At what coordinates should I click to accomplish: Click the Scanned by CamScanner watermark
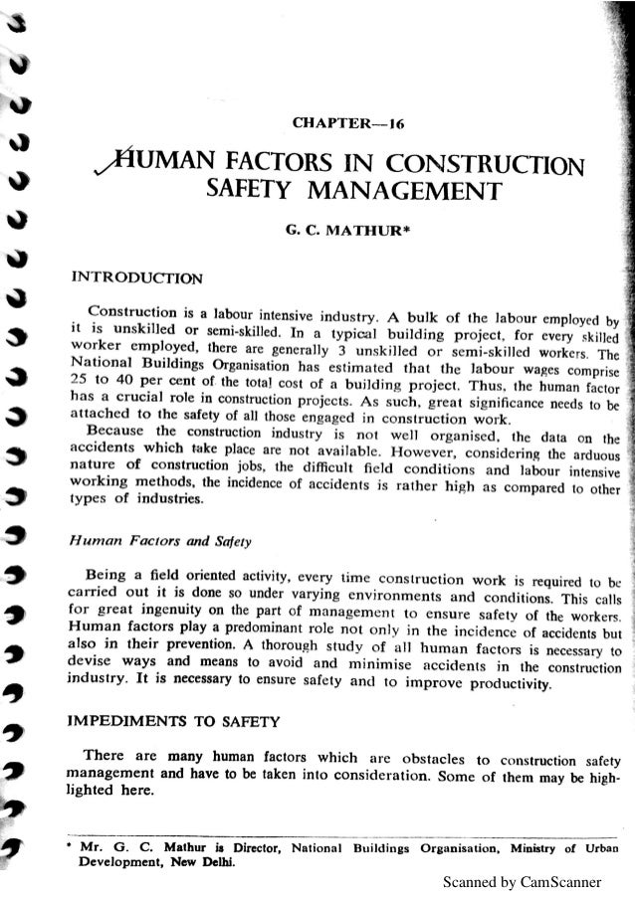tap(531, 881)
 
